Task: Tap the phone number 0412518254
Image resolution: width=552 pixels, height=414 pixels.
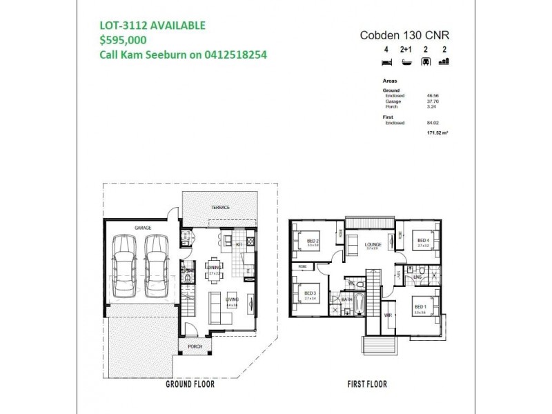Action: [233, 55]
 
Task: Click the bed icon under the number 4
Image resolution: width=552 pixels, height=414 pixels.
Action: [386, 61]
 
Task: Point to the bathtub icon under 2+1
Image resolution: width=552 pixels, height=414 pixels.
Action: [406, 61]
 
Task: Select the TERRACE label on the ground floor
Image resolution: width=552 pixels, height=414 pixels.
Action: [220, 208]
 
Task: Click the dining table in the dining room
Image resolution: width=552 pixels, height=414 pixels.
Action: [213, 268]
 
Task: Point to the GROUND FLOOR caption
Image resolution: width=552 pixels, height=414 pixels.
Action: [190, 384]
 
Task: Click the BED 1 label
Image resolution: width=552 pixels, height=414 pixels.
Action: [420, 306]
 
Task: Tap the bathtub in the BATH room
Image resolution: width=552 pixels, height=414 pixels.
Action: [360, 302]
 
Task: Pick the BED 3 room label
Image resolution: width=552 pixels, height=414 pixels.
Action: [310, 293]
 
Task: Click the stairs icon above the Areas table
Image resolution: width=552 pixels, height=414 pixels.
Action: [444, 61]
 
